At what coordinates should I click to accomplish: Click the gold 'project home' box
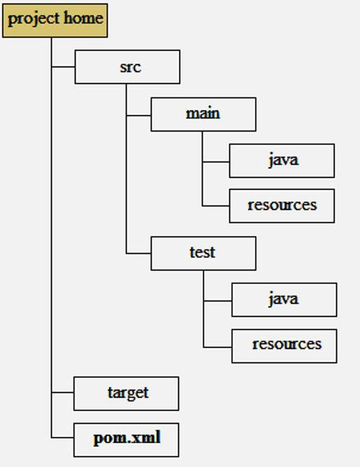click(55, 20)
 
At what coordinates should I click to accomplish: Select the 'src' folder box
click(127, 66)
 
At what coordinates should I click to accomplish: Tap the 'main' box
click(203, 115)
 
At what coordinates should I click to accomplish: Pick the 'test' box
click(203, 254)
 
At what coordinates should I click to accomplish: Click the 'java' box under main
click(282, 161)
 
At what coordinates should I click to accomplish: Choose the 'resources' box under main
click(282, 206)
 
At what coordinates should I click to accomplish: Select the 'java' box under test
click(285, 300)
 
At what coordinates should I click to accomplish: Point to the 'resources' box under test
click(285, 346)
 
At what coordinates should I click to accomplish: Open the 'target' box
click(127, 394)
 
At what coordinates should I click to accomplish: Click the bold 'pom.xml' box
click(127, 440)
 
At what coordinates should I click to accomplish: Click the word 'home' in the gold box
click(84, 18)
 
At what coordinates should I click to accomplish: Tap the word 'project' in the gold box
click(34, 20)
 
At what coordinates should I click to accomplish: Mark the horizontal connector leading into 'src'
click(63, 67)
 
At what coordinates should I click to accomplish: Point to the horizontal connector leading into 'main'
click(139, 115)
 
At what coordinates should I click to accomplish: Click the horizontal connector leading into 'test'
click(139, 254)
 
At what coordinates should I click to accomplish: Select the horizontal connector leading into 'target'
click(62, 392)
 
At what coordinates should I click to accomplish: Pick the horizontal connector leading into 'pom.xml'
click(62, 438)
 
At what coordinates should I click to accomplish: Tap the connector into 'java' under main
click(216, 162)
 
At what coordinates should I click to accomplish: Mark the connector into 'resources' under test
click(218, 347)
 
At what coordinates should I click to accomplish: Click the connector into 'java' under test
click(218, 301)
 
